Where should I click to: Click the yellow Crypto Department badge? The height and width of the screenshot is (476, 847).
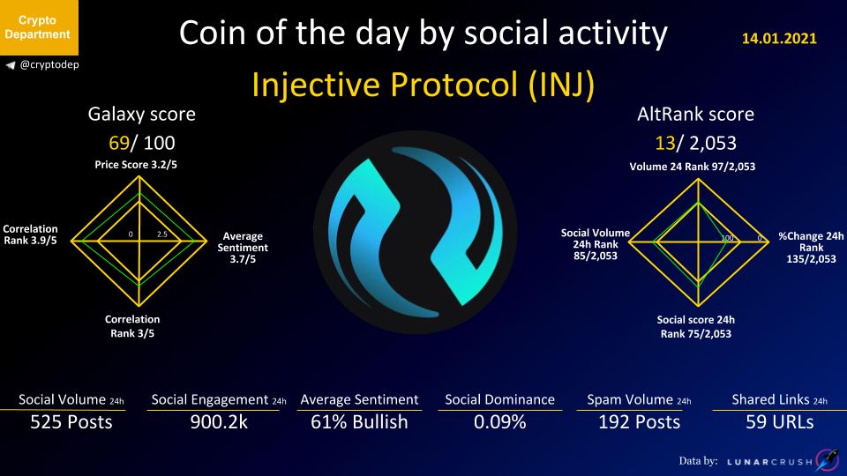39,27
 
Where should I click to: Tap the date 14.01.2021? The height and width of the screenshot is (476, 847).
779,38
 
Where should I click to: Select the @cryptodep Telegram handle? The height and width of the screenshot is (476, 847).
42,64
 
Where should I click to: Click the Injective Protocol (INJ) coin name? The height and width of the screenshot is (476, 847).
423,85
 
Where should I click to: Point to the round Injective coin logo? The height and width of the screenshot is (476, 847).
415,232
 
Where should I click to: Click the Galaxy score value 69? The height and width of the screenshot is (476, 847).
119,143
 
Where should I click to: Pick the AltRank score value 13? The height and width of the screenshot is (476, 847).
665,143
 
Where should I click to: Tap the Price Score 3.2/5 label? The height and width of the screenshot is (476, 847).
136,165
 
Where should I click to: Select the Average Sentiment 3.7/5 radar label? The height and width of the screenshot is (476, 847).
243,248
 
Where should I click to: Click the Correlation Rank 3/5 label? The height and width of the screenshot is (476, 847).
132,326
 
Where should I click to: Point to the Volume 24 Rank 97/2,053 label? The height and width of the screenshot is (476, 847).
693,167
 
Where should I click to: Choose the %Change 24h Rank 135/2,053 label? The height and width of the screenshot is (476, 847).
811,248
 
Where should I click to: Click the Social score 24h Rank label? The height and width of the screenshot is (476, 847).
696,327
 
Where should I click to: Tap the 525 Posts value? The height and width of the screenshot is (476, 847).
71,422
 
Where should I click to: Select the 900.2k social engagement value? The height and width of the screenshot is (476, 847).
219,422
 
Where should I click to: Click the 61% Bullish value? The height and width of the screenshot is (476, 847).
359,422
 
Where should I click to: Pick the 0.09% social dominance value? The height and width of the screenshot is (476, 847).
499,422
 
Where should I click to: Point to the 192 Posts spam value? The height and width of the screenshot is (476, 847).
639,422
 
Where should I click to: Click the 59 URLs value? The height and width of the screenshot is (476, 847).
779,422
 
